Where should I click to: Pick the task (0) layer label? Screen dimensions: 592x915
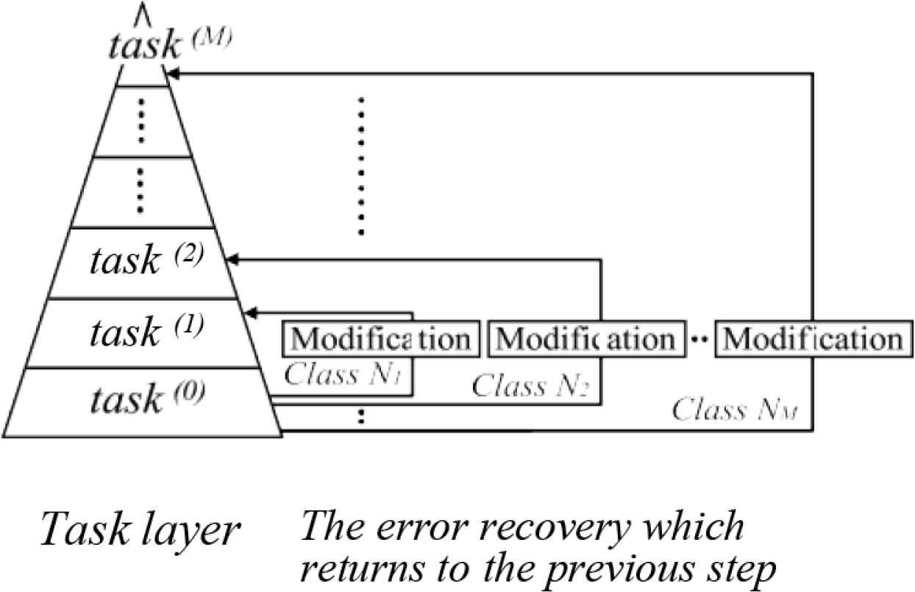[146, 399]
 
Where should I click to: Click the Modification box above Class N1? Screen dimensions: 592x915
[381, 339]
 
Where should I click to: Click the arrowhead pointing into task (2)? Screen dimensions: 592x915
[232, 259]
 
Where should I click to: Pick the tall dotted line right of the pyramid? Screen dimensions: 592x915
[361, 165]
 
